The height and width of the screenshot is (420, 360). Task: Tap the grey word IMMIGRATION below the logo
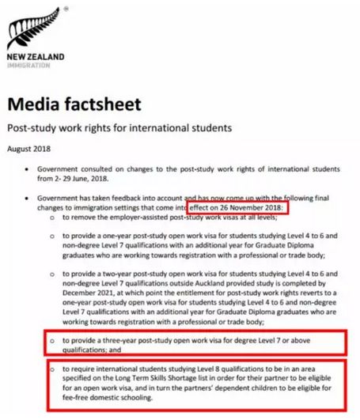pyautogui.click(x=29, y=66)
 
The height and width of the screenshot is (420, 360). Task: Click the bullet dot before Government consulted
pyautogui.click(x=29, y=168)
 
